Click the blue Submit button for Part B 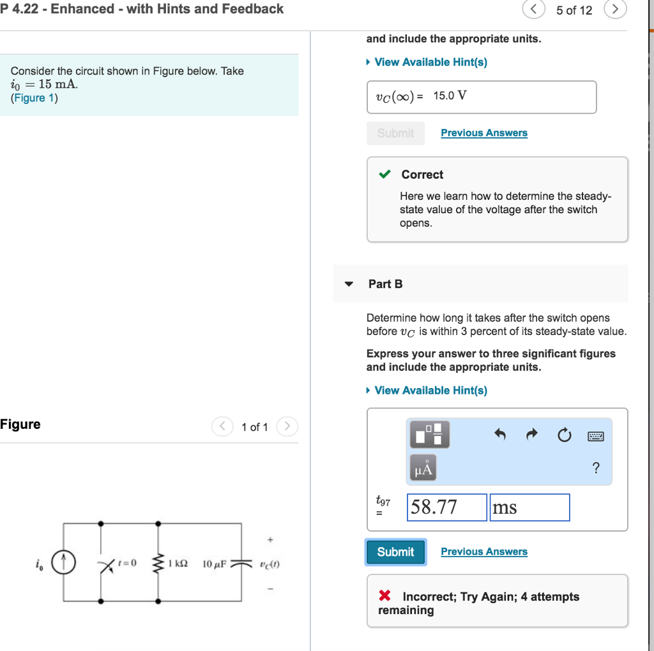pos(395,552)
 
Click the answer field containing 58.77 pos(446,507)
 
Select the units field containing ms pos(529,507)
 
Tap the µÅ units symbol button pos(423,470)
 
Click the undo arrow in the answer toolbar pos(500,435)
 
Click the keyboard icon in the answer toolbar pos(595,437)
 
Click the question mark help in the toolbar pos(596,469)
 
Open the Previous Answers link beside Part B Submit pos(483,551)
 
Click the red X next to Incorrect pos(384,596)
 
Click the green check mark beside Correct pos(384,174)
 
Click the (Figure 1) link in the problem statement pos(34,98)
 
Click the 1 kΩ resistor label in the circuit pos(178,564)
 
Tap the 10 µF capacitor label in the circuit pos(213,564)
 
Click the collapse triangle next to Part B pos(349,284)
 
